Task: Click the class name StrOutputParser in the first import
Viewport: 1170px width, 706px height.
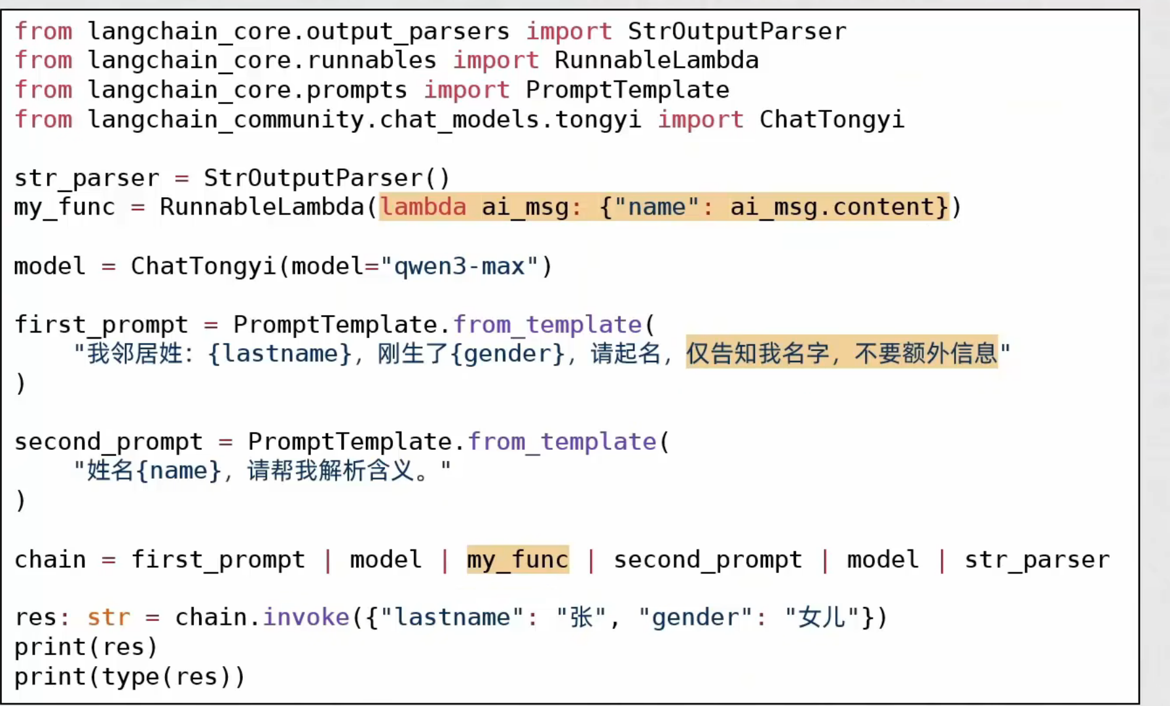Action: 737,31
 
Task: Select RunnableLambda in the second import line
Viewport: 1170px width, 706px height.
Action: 656,60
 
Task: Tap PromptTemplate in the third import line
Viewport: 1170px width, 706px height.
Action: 627,90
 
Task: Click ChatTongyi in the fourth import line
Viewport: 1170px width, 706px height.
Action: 832,119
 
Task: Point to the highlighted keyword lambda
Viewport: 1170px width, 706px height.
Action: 423,207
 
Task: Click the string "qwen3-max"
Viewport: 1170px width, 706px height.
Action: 460,267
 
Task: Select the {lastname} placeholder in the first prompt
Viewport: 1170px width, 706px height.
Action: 280,354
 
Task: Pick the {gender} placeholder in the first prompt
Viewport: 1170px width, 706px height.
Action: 507,354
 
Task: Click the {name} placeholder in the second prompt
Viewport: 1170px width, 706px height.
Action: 179,471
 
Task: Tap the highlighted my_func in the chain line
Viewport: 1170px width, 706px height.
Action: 517,560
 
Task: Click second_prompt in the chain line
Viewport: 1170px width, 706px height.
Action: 707,560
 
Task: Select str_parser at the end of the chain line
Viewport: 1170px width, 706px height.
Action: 1036,560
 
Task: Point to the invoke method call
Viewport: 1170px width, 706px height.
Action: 306,618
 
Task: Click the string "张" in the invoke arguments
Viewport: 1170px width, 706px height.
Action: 581,618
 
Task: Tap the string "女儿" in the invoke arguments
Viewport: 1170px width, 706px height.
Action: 822,618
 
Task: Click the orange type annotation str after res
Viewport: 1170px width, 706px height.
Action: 109,618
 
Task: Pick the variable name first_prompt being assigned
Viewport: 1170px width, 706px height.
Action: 101,325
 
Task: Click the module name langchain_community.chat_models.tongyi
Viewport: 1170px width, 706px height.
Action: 364,119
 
